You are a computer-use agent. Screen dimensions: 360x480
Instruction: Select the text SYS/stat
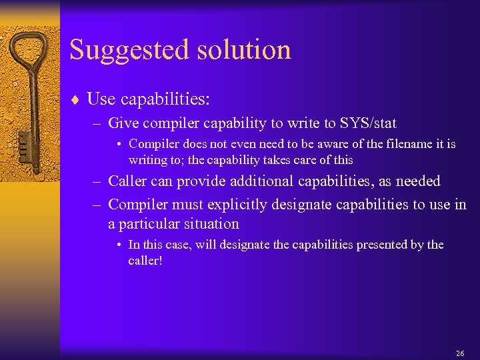tap(368, 123)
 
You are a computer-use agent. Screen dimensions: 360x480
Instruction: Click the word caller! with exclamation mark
tap(145, 261)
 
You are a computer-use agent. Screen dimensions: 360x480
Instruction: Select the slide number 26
tap(459, 353)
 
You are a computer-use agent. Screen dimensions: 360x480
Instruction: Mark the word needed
tap(417, 181)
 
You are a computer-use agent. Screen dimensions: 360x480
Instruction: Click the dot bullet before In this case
tap(118, 245)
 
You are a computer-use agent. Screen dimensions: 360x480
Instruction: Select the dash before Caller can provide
tap(97, 181)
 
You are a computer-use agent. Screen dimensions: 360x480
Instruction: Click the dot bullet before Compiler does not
tap(118, 144)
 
